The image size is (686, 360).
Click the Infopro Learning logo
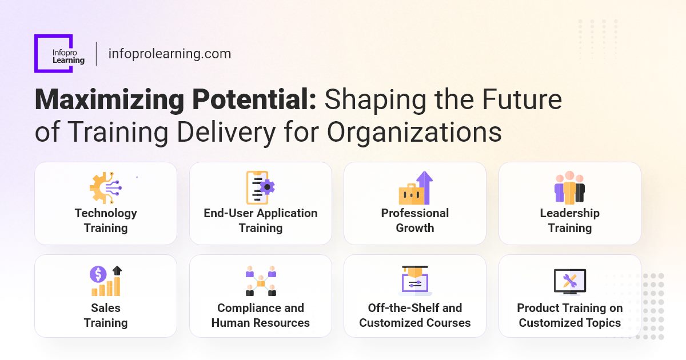(54, 54)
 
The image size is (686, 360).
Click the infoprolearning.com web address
(169, 54)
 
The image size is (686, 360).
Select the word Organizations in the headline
(414, 132)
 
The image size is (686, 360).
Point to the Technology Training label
(106, 221)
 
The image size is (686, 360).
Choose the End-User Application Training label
(261, 221)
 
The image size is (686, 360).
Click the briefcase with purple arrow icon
(415, 188)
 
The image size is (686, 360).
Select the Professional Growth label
(415, 221)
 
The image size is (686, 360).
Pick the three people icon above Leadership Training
(569, 187)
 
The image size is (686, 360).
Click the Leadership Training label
(569, 221)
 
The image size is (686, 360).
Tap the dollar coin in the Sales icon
(98, 274)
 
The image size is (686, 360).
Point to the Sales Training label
(106, 315)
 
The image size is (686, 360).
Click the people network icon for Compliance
(261, 281)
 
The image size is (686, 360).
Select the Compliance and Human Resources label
(261, 315)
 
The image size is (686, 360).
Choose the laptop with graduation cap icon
(415, 281)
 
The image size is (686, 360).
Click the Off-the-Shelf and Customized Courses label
(415, 315)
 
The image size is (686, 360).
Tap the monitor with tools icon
(569, 281)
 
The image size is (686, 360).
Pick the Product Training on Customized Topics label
(569, 315)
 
